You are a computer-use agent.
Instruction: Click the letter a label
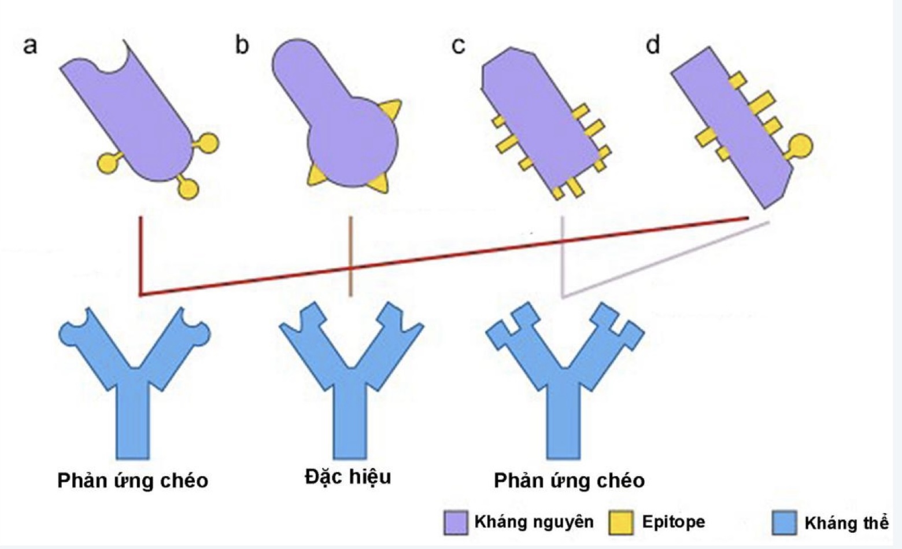(30, 45)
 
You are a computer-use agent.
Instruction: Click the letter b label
(242, 45)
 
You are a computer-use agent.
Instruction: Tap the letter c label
(459, 46)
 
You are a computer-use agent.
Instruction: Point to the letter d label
(653, 45)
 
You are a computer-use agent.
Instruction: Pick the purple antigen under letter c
(538, 121)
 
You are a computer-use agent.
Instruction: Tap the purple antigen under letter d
(734, 127)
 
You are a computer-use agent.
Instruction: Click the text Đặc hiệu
(348, 477)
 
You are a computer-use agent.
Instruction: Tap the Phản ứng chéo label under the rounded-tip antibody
(133, 481)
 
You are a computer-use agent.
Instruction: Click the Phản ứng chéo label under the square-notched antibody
(570, 481)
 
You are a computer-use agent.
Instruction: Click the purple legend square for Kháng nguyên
(455, 522)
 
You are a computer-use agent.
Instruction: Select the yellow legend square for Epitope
(620, 522)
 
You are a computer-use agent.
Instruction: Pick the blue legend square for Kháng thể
(784, 523)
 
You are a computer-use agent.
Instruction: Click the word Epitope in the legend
(674, 522)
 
